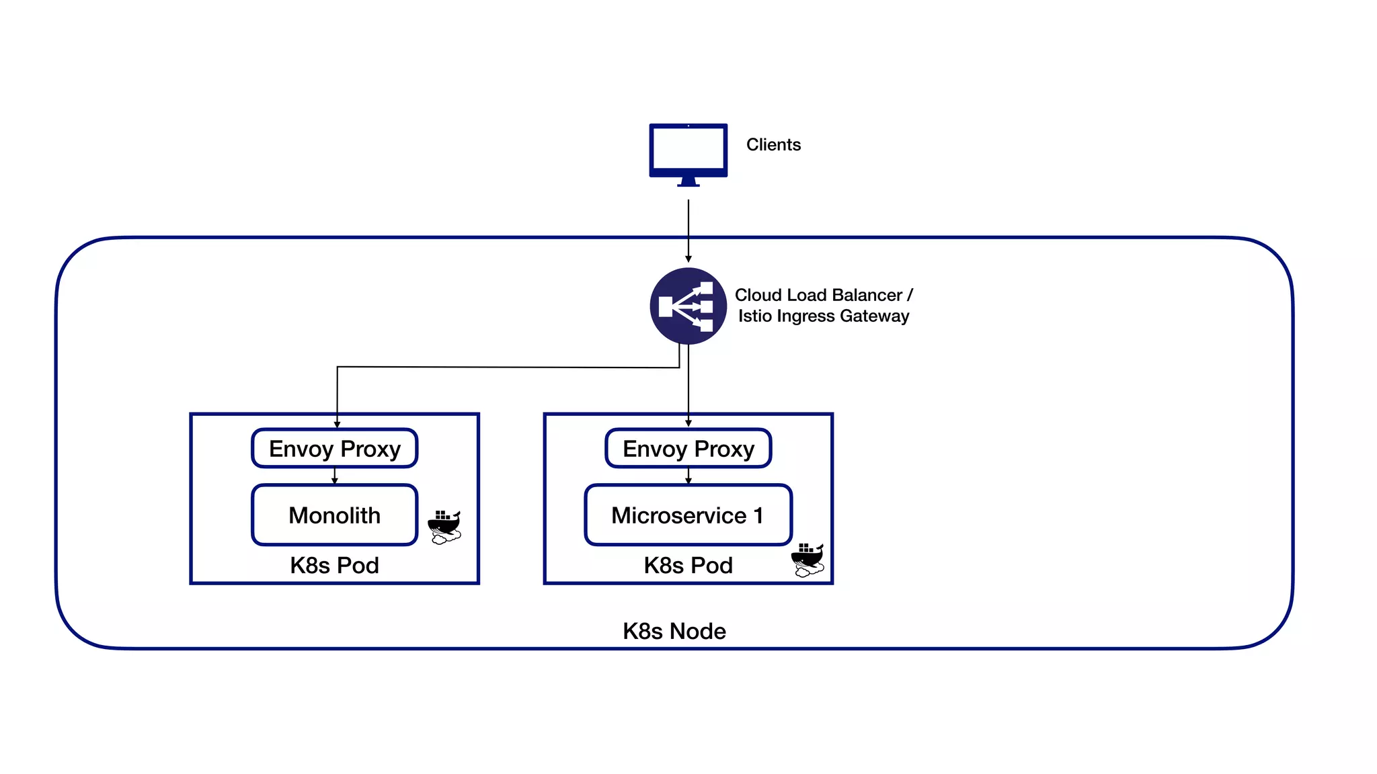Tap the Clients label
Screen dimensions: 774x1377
point(773,144)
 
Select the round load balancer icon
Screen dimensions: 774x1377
point(688,306)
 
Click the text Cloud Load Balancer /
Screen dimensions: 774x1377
point(823,295)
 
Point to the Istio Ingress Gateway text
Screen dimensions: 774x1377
point(823,316)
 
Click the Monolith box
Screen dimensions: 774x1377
point(334,515)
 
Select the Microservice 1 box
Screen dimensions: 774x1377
point(688,515)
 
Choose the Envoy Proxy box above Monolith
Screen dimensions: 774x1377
point(334,448)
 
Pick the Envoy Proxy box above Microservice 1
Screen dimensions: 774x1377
point(688,448)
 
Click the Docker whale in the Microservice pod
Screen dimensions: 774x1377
point(808,560)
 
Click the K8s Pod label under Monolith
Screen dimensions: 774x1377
point(334,565)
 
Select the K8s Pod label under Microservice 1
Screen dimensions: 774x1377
point(688,565)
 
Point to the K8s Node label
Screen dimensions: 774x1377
point(674,631)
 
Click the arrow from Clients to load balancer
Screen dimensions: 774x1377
point(688,228)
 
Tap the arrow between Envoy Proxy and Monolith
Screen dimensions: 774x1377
point(335,476)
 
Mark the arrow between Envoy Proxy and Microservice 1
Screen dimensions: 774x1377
point(688,476)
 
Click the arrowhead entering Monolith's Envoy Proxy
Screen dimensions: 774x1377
point(337,424)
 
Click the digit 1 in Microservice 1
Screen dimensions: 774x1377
point(758,515)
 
